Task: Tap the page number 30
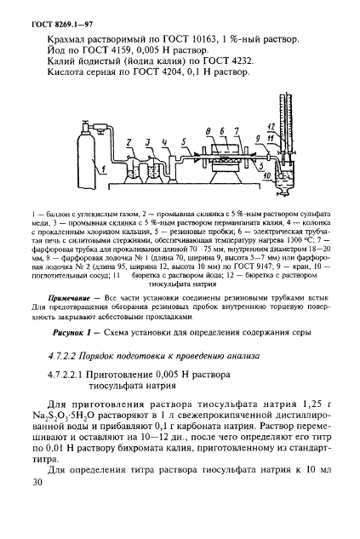34,506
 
